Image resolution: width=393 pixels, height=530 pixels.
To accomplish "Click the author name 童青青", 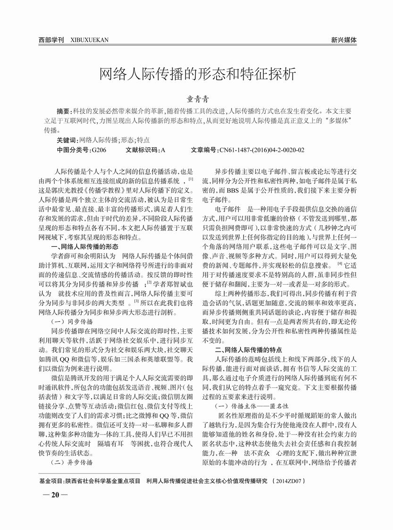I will click(x=196, y=100).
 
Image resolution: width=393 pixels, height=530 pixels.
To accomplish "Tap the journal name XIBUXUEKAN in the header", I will click(x=89, y=40).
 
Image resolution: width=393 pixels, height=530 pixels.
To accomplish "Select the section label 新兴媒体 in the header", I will click(x=343, y=40).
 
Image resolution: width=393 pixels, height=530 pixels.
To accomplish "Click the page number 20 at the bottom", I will click(x=55, y=495).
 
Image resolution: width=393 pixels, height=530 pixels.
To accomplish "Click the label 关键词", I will click(x=67, y=140).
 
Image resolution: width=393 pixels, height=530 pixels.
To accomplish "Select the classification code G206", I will click(x=99, y=150).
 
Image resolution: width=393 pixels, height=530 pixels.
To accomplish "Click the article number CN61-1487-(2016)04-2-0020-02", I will click(x=262, y=150).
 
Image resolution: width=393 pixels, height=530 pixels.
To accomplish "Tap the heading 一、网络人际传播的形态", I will click(x=84, y=246).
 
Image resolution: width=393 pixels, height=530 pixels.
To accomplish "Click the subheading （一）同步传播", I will click(x=72, y=321).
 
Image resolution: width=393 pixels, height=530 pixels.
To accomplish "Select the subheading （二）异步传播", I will click(x=72, y=463).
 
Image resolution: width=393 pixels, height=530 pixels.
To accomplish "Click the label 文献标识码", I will click(x=142, y=150).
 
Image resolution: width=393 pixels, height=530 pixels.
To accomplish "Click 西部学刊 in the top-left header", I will click(x=51, y=40).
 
